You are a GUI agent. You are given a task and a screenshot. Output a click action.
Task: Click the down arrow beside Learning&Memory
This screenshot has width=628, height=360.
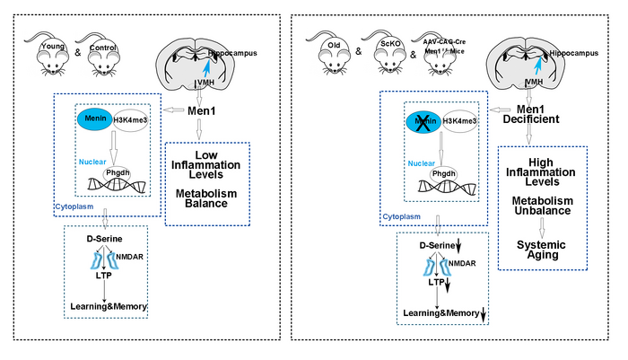point(483,313)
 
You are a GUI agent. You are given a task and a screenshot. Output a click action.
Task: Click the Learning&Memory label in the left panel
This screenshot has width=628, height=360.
point(109,306)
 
